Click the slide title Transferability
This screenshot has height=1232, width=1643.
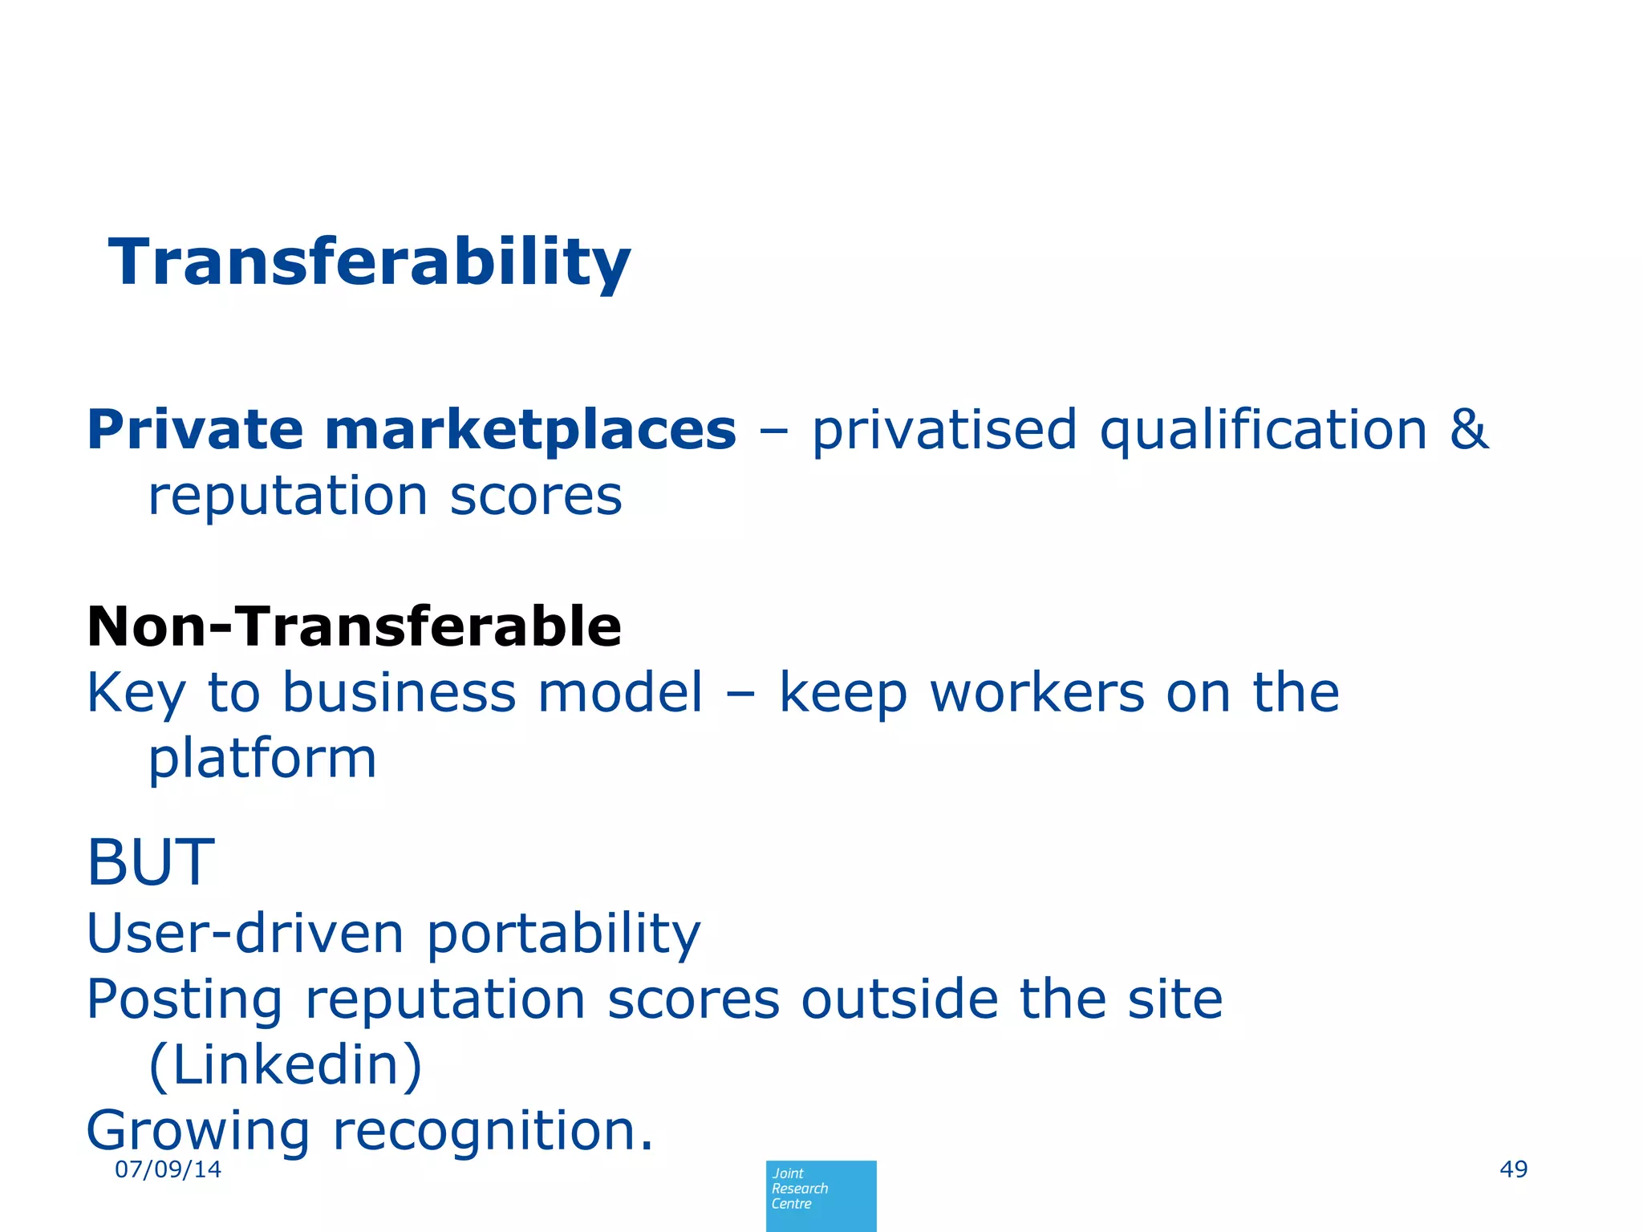coord(370,262)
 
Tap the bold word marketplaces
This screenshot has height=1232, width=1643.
coord(529,431)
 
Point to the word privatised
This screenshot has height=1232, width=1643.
coord(943,431)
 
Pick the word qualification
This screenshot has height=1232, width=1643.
coord(1263,431)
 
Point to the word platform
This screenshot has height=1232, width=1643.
coord(262,759)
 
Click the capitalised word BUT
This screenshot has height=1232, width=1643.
coord(151,862)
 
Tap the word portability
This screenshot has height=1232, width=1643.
coord(563,934)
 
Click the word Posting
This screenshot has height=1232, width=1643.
coord(185,1000)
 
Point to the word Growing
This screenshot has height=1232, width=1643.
coord(197,1131)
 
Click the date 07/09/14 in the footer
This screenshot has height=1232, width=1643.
coord(168,1169)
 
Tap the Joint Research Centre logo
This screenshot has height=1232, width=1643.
coord(821,1195)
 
